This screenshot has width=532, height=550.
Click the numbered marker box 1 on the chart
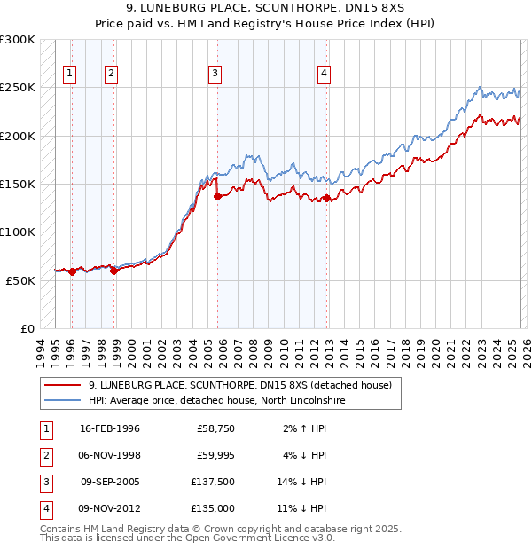point(70,74)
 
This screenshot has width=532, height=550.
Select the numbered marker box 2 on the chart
point(111,74)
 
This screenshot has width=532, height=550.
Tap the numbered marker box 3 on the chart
point(215,74)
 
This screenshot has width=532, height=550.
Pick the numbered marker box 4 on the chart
point(325,74)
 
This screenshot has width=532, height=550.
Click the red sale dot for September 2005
point(217,196)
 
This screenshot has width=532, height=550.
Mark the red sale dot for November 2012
point(327,199)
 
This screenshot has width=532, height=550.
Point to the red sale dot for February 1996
point(72,271)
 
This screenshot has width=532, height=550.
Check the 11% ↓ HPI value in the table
point(301,509)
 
